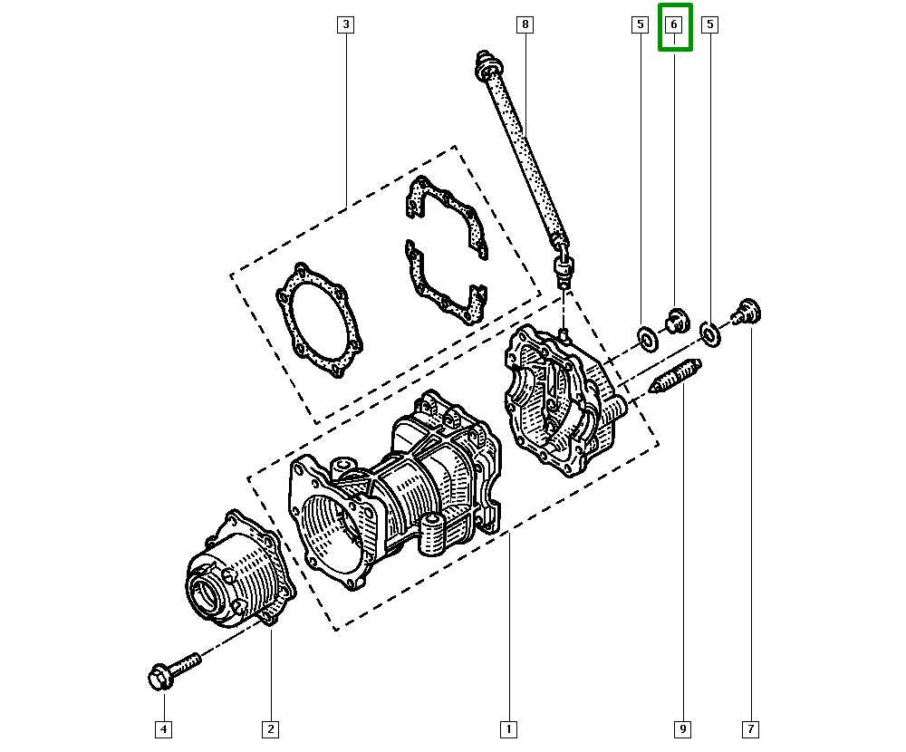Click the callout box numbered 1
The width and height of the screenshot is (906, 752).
point(510,728)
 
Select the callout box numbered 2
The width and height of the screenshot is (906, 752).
point(270,728)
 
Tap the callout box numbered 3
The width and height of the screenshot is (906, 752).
point(344,24)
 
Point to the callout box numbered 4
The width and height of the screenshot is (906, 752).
point(163,728)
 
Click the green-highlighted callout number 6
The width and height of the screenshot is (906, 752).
point(675,25)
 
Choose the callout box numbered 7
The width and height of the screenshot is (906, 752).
point(750,728)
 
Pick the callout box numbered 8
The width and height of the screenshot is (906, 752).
point(525,24)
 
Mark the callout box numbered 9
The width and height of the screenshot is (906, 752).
point(682,728)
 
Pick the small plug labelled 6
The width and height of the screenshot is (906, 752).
point(674,319)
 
